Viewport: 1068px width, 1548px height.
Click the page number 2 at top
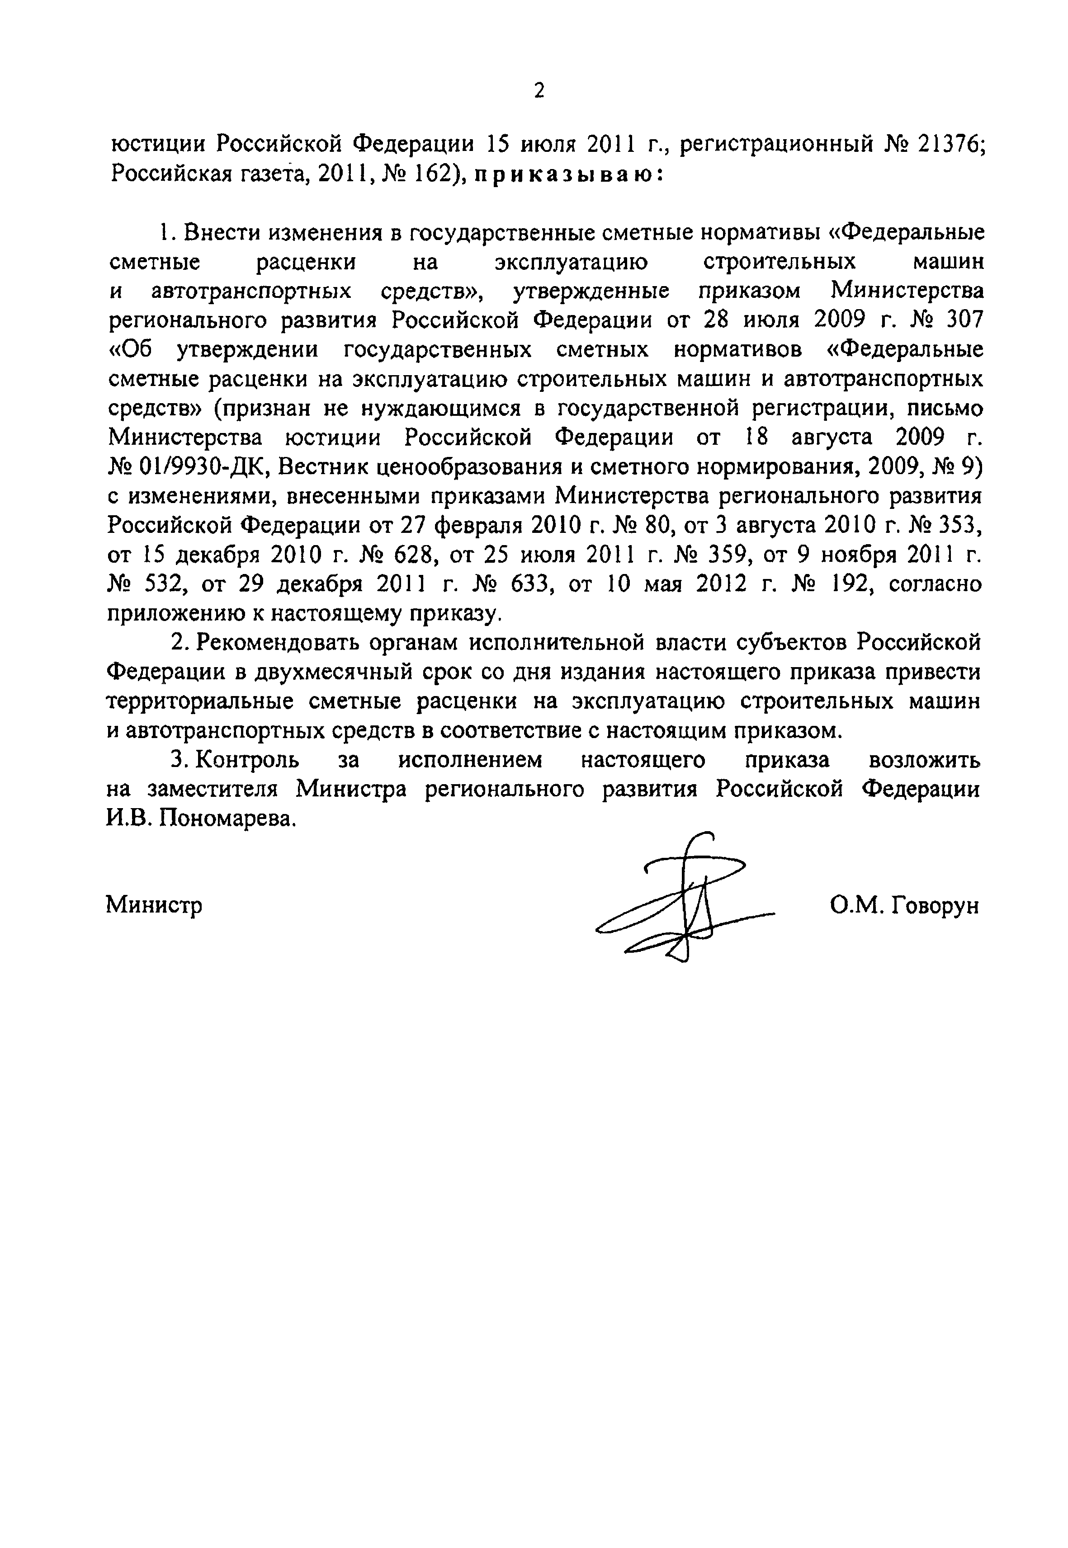[539, 90]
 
